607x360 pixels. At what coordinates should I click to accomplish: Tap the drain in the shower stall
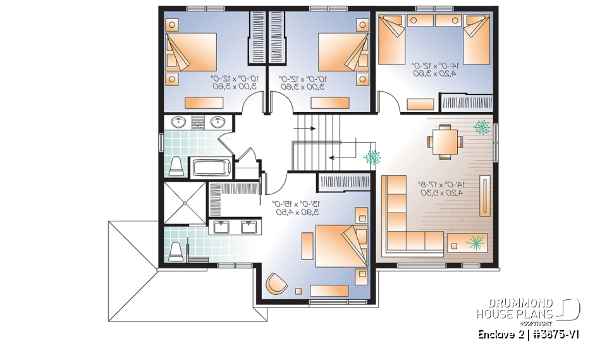(x=185, y=203)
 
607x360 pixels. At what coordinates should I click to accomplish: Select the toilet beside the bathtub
(x=176, y=166)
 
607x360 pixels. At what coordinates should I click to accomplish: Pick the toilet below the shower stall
(x=177, y=251)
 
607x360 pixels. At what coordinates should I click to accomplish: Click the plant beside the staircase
(x=372, y=156)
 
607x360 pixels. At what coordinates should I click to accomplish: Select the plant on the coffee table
(x=476, y=241)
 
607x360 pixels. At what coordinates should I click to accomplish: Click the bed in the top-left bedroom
(x=191, y=54)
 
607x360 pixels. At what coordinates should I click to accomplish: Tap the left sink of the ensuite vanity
(x=223, y=227)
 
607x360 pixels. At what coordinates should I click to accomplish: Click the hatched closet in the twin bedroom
(x=467, y=102)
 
